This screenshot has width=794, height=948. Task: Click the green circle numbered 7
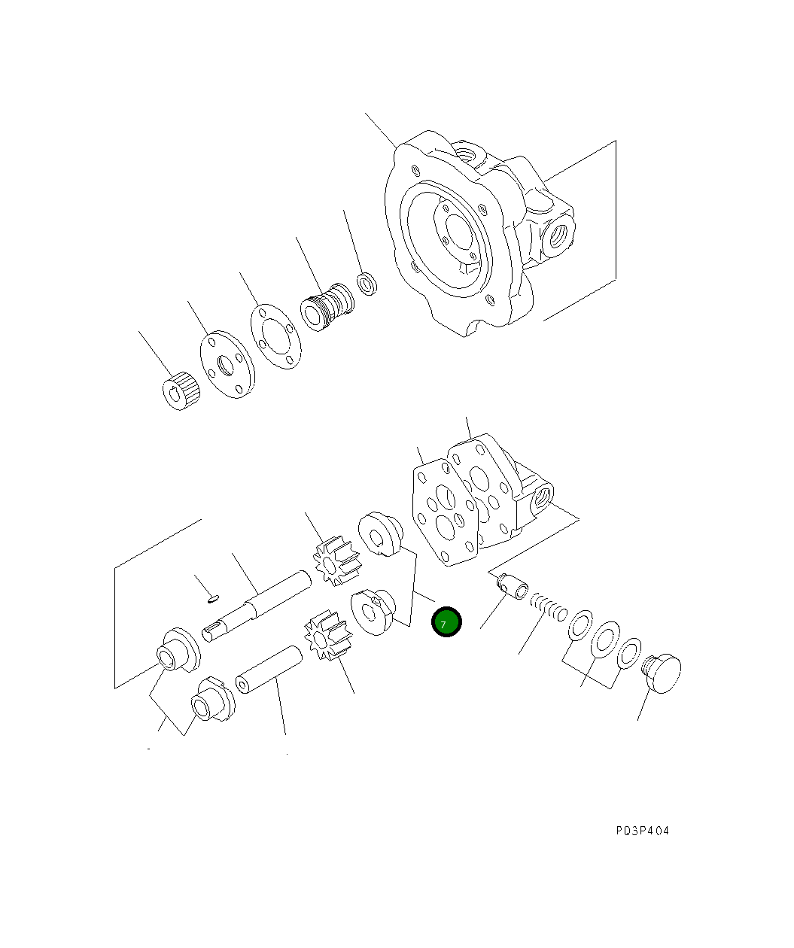pyautogui.click(x=446, y=623)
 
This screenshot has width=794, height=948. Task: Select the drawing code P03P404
pyautogui.click(x=641, y=831)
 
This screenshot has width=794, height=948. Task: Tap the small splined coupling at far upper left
pyautogui.click(x=181, y=390)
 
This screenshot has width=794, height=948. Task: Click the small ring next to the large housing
pyautogui.click(x=367, y=285)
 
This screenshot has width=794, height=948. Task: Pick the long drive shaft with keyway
pyautogui.click(x=256, y=607)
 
